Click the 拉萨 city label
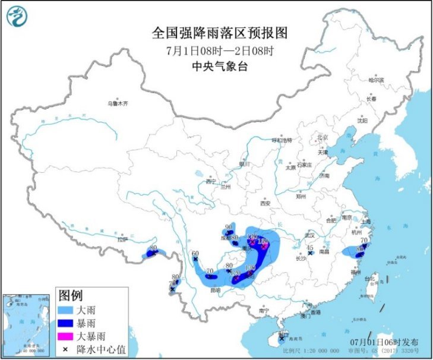click(x=122, y=240)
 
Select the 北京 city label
click(x=323, y=137)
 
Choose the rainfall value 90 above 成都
click(x=229, y=227)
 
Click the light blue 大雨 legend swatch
click(x=69, y=310)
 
